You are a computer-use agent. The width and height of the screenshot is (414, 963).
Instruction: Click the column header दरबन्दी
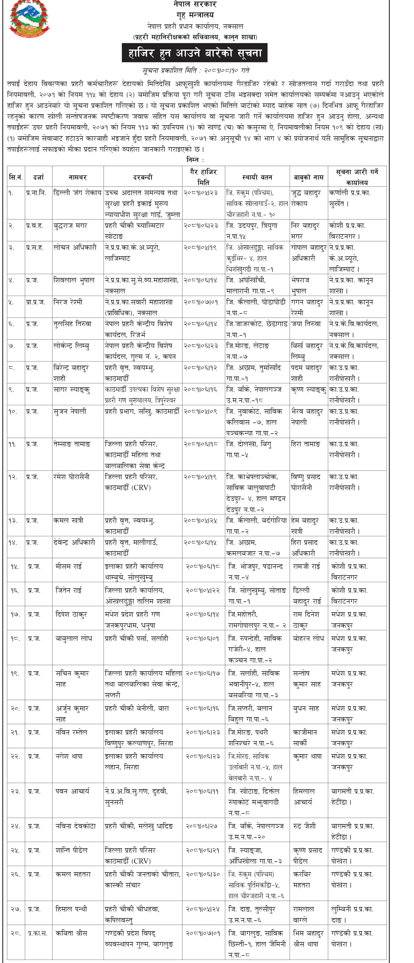[x=143, y=177]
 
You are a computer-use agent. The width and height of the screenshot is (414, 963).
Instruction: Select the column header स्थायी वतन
[x=257, y=177]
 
